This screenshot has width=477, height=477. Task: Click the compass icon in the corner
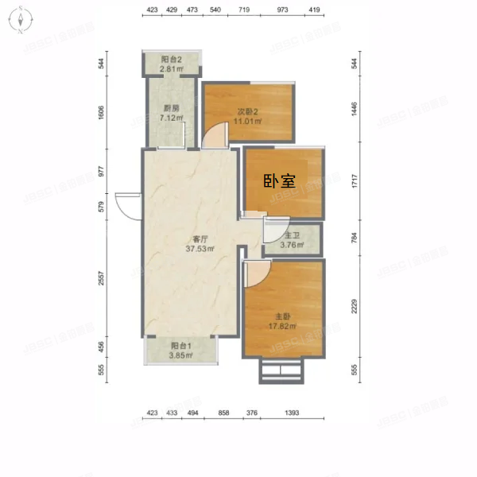click(21, 21)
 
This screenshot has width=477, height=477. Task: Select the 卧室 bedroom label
click(279, 180)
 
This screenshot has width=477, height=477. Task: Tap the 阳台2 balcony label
click(171, 60)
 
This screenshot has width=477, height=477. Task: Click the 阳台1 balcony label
click(179, 346)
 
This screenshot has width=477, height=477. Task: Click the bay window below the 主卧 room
click(282, 370)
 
